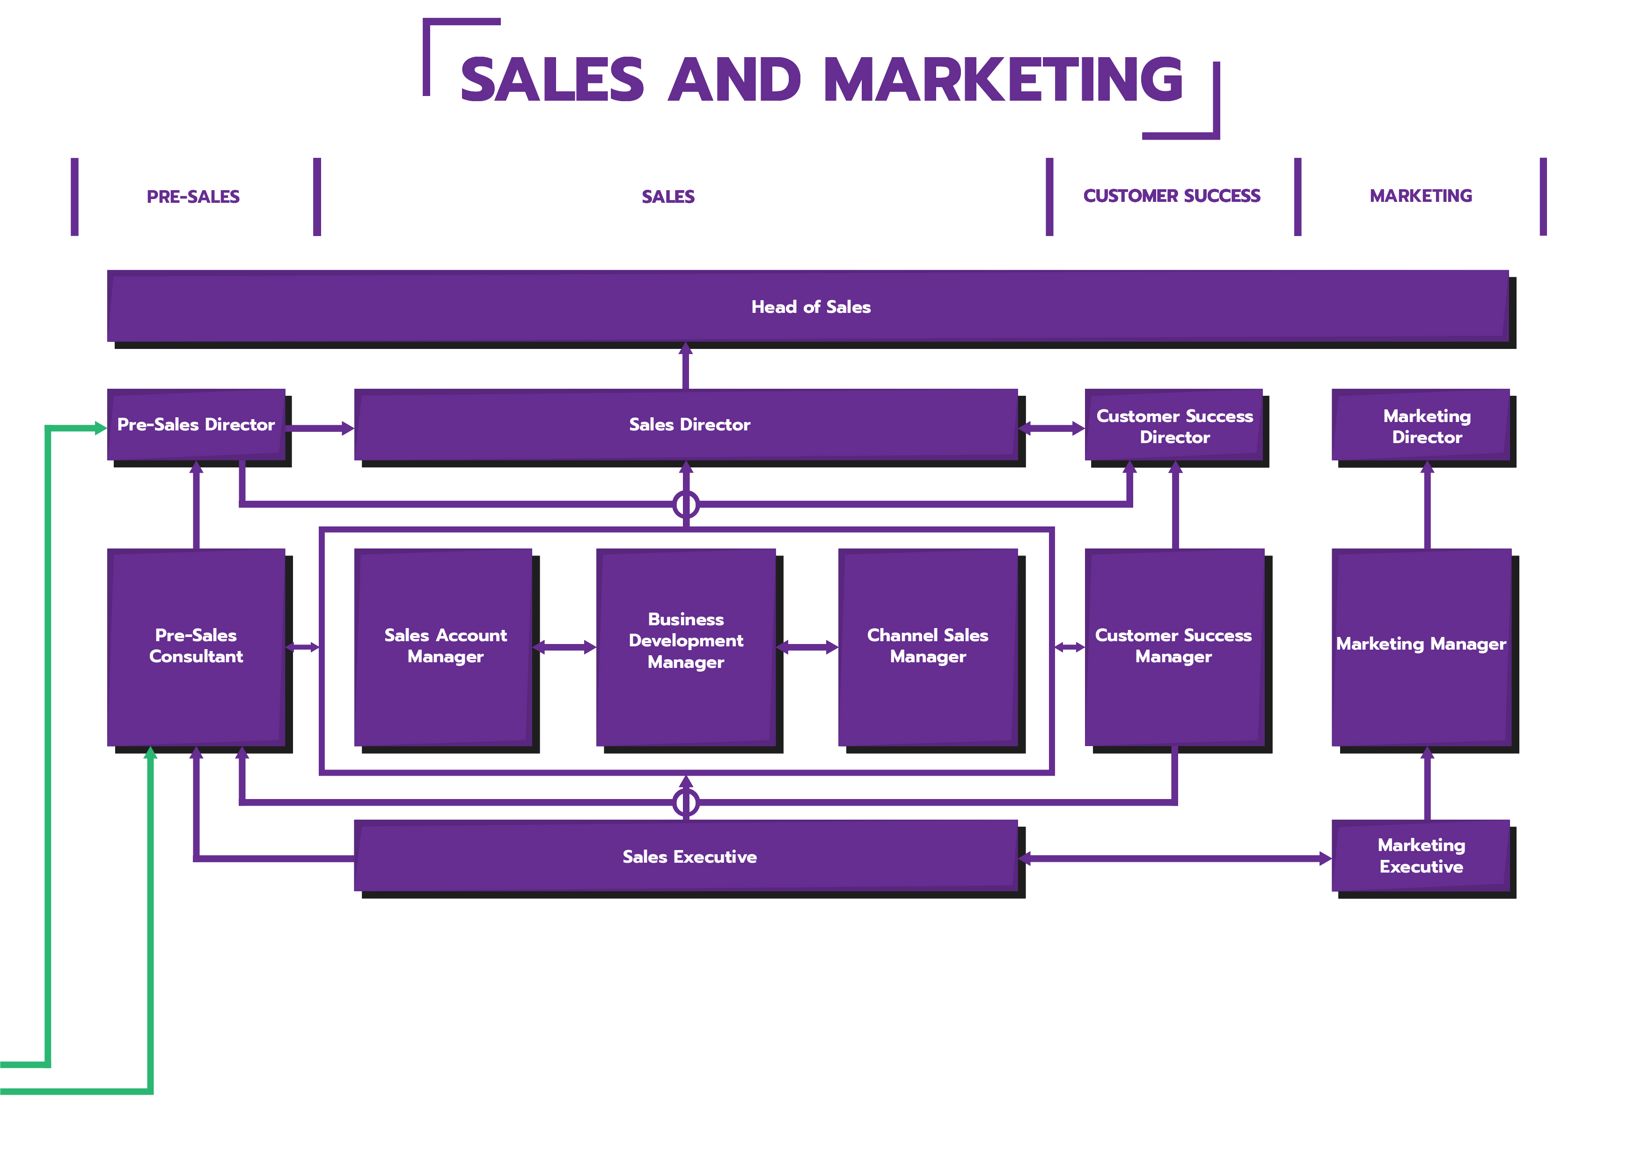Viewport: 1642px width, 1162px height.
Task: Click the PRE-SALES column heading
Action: coord(193,197)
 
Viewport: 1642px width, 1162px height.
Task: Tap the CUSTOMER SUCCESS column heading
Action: coord(1172,196)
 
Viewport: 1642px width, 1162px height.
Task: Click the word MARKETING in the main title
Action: coord(1004,80)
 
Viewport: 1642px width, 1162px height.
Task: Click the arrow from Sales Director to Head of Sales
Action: coord(685,366)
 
